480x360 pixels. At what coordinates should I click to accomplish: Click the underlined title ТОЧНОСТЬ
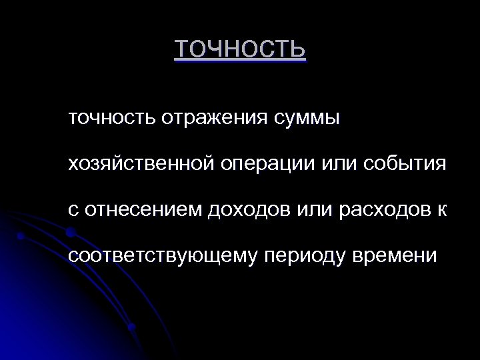[240, 49]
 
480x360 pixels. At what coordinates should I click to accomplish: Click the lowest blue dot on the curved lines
[132, 327]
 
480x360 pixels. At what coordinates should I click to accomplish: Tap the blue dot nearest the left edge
[21, 236]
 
